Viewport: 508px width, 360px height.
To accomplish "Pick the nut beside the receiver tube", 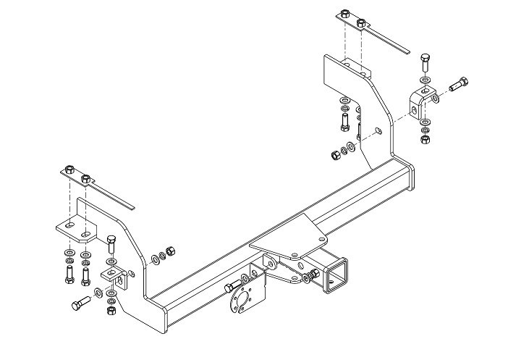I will pos(313,275).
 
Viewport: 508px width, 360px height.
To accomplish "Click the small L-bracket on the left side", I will pos(114,276).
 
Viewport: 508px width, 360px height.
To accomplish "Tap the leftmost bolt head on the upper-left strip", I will pos(69,170).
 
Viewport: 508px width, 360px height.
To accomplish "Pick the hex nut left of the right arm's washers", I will pos(335,154).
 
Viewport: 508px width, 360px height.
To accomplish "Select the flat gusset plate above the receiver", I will pos(286,238).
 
